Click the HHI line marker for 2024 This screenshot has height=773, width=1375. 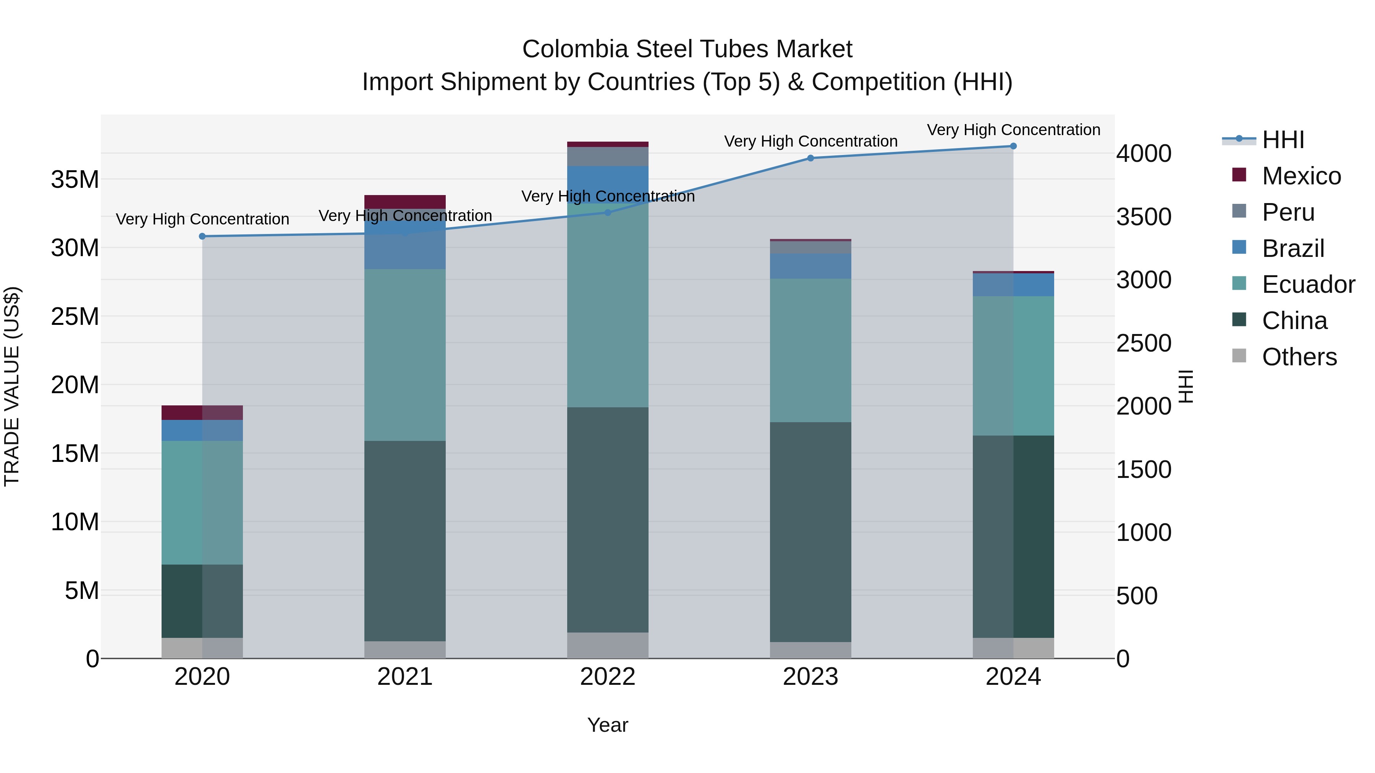coord(1013,146)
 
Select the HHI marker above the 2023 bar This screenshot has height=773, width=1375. coord(810,158)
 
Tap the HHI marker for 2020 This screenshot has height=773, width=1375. coord(202,236)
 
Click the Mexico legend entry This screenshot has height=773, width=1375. coord(1301,176)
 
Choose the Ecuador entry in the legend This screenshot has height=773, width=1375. coord(1308,284)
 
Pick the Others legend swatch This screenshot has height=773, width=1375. coord(1239,356)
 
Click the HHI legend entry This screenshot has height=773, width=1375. coord(1283,140)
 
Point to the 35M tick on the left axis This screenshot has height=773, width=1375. coord(75,180)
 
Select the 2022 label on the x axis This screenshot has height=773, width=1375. coord(607,677)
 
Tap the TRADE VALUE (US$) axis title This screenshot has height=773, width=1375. coord(12,386)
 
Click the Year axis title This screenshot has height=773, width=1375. coord(607,725)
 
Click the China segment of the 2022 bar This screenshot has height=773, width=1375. coord(607,520)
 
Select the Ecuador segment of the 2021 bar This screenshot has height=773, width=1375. coord(404,355)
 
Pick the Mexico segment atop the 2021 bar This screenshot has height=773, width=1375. coord(404,202)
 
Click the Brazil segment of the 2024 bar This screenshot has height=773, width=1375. coord(1013,285)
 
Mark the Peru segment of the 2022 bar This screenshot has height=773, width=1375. coord(607,156)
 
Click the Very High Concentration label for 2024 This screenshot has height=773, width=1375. coord(1013,130)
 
